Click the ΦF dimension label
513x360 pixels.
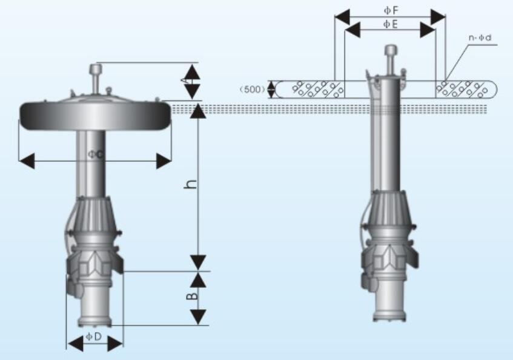[x=390, y=10]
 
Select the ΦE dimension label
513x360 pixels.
[x=390, y=24]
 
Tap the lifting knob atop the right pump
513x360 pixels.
[x=391, y=51]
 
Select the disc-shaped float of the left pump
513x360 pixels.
[x=95, y=115]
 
